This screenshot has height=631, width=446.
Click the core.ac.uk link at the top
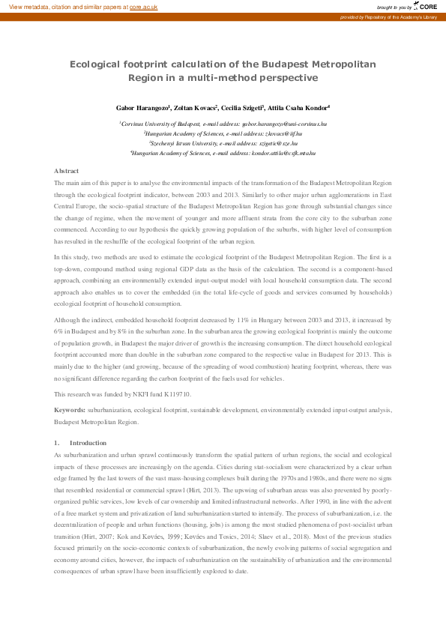pyautogui.click(x=144, y=6)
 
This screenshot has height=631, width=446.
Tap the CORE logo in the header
pyautogui.click(x=424, y=6)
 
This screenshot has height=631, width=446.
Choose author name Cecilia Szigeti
pyautogui.click(x=246, y=109)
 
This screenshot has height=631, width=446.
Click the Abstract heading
pyautogui.click(x=66, y=172)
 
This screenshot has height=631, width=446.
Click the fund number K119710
pyautogui.click(x=177, y=394)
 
